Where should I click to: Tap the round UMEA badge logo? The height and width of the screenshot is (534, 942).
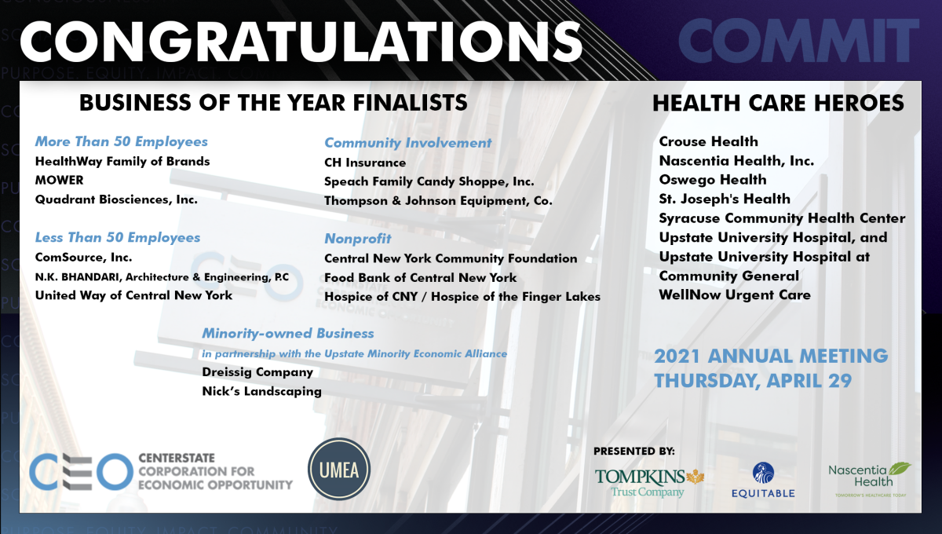click(339, 470)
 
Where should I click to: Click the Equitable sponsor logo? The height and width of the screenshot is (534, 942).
click(763, 480)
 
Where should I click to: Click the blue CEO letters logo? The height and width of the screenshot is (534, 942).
click(78, 470)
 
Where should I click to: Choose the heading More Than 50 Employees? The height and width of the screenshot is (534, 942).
click(122, 142)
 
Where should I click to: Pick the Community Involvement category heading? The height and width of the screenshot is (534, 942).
click(408, 143)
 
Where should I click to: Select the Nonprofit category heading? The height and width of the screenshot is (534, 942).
click(358, 239)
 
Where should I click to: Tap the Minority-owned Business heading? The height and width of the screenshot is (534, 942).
click(288, 334)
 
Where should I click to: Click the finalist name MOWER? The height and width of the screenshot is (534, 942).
click(60, 181)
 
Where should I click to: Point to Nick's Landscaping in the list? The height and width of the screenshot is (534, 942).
click(261, 391)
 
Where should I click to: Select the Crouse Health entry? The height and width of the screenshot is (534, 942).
click(708, 142)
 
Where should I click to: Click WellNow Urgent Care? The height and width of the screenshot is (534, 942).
click(735, 295)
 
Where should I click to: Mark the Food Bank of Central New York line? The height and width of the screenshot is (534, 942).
click(421, 277)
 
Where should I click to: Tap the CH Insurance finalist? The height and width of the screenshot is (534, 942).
click(365, 163)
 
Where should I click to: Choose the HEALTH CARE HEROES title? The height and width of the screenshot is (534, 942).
click(778, 103)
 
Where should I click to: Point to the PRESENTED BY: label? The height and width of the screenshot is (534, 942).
click(633, 451)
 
